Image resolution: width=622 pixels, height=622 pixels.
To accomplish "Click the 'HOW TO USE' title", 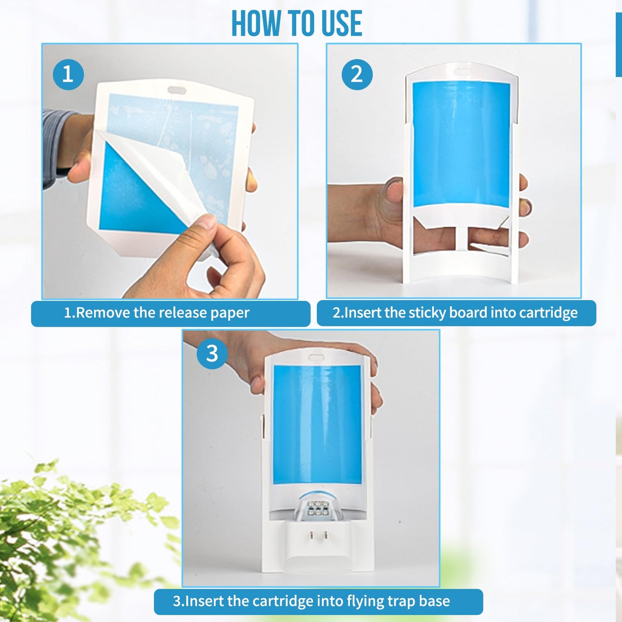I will (x=297, y=24).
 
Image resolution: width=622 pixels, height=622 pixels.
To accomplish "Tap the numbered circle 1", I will (x=68, y=74).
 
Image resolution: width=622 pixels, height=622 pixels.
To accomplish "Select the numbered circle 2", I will (x=357, y=74).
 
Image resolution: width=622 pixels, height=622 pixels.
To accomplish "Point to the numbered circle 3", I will (x=212, y=353).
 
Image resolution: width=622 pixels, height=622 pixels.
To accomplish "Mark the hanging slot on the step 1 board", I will (x=176, y=90).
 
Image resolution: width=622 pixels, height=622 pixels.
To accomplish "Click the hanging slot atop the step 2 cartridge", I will (x=462, y=71).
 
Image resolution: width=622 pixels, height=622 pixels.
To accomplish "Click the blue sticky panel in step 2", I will (x=461, y=142).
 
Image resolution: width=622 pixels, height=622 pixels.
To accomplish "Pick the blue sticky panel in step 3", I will (x=317, y=424).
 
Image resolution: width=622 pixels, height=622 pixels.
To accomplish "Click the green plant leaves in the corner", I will (x=65, y=538).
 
